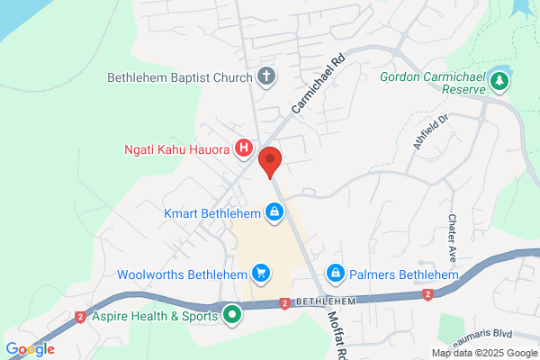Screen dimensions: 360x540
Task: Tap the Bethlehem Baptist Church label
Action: (x=179, y=77)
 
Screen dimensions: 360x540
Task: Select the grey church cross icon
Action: (x=265, y=76)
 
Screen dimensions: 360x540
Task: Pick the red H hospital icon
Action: (x=243, y=148)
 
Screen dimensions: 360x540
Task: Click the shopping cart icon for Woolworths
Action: (x=260, y=272)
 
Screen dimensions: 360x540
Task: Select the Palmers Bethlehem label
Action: (x=396, y=273)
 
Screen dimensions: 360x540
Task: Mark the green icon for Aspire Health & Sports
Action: (x=232, y=315)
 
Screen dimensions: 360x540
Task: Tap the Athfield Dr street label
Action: (x=431, y=132)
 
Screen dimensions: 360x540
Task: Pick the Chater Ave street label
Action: (x=452, y=232)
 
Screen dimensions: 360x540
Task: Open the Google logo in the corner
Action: (x=31, y=349)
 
